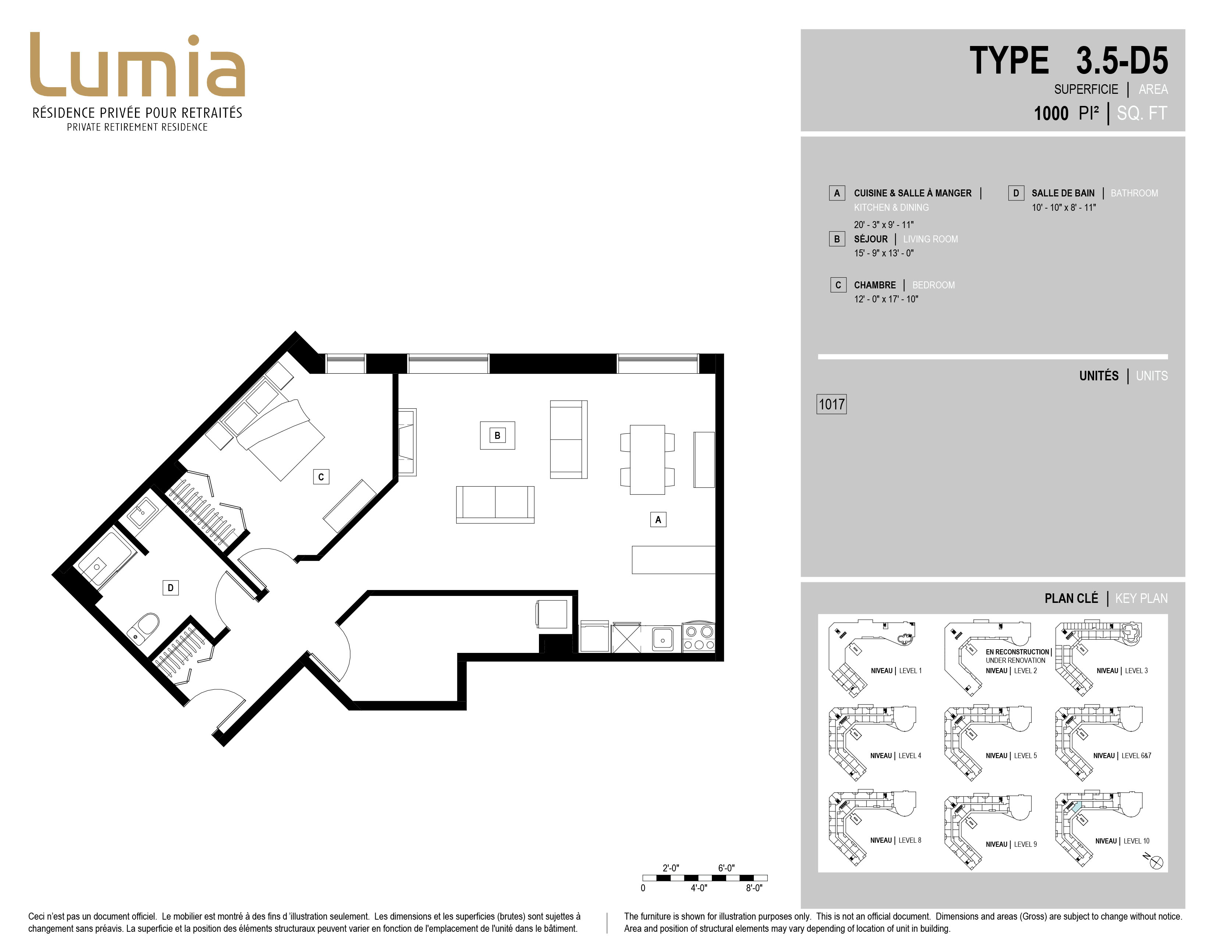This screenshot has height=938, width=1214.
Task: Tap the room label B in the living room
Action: (497, 436)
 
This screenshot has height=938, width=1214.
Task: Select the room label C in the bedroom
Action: (321, 477)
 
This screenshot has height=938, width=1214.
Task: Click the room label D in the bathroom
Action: (171, 587)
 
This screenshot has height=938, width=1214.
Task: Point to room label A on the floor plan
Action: (658, 519)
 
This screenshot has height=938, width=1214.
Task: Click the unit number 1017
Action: (831, 404)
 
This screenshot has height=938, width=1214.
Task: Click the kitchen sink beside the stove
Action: (663, 638)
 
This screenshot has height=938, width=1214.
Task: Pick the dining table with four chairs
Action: (647, 459)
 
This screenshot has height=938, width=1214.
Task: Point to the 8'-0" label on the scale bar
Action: (754, 888)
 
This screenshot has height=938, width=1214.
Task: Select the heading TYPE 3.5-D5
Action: (1068, 61)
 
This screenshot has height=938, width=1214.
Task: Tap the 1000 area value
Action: (1051, 113)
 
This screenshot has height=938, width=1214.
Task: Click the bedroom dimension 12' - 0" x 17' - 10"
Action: (886, 299)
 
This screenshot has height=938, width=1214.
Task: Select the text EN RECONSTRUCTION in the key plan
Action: (1017, 652)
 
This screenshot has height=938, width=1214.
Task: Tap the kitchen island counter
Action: (673, 559)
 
